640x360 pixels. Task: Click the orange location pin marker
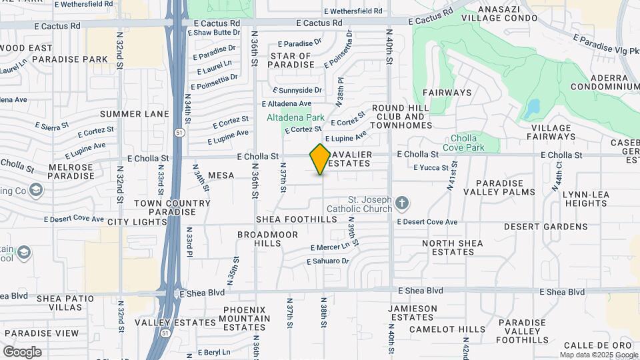(320, 159)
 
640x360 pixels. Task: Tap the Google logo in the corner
(22, 351)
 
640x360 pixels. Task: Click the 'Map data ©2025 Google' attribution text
(599, 355)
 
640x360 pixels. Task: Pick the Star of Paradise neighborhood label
(291, 60)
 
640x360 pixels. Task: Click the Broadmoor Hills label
(259, 239)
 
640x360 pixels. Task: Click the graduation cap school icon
(25, 253)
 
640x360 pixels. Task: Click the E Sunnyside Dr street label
(298, 90)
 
